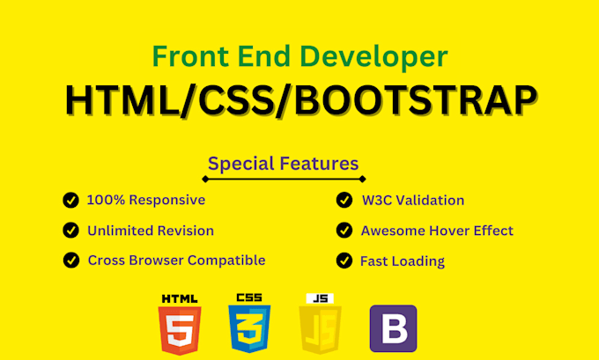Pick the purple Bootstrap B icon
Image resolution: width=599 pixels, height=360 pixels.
tap(393, 328)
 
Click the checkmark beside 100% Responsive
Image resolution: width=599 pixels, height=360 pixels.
tap(70, 201)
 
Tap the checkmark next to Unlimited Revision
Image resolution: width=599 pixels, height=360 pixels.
tap(70, 231)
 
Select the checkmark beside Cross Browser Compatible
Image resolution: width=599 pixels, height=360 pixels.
tap(70, 261)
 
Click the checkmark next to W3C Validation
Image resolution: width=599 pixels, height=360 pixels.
tap(344, 201)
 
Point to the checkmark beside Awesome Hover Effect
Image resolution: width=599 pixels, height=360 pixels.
tap(344, 231)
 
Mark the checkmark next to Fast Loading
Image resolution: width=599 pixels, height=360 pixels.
tap(344, 261)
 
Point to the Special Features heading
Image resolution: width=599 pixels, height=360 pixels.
tap(283, 163)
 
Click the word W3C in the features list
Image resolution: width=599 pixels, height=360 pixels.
tap(376, 201)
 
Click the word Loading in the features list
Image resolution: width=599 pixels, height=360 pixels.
tap(419, 261)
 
